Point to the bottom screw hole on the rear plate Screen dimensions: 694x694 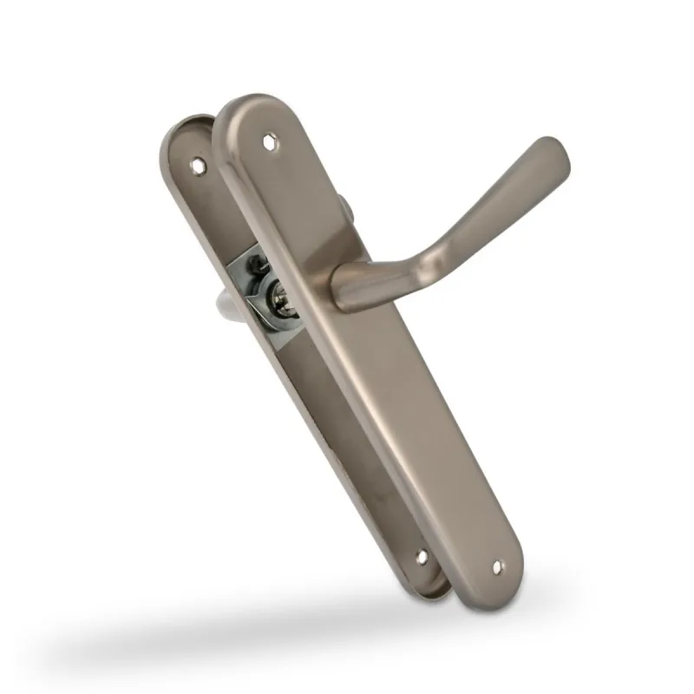click(x=422, y=557)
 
